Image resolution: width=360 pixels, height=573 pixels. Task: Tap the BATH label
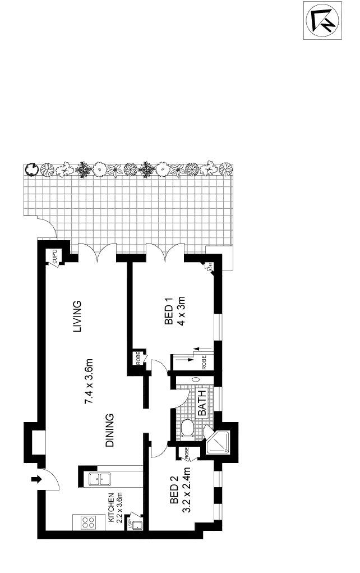(202, 404)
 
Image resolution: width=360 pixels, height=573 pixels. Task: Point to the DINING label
(110, 430)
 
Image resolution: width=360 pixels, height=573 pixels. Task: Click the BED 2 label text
(174, 490)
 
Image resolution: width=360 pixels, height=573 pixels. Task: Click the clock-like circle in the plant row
(32, 168)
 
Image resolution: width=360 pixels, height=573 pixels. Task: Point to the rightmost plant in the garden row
(226, 169)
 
